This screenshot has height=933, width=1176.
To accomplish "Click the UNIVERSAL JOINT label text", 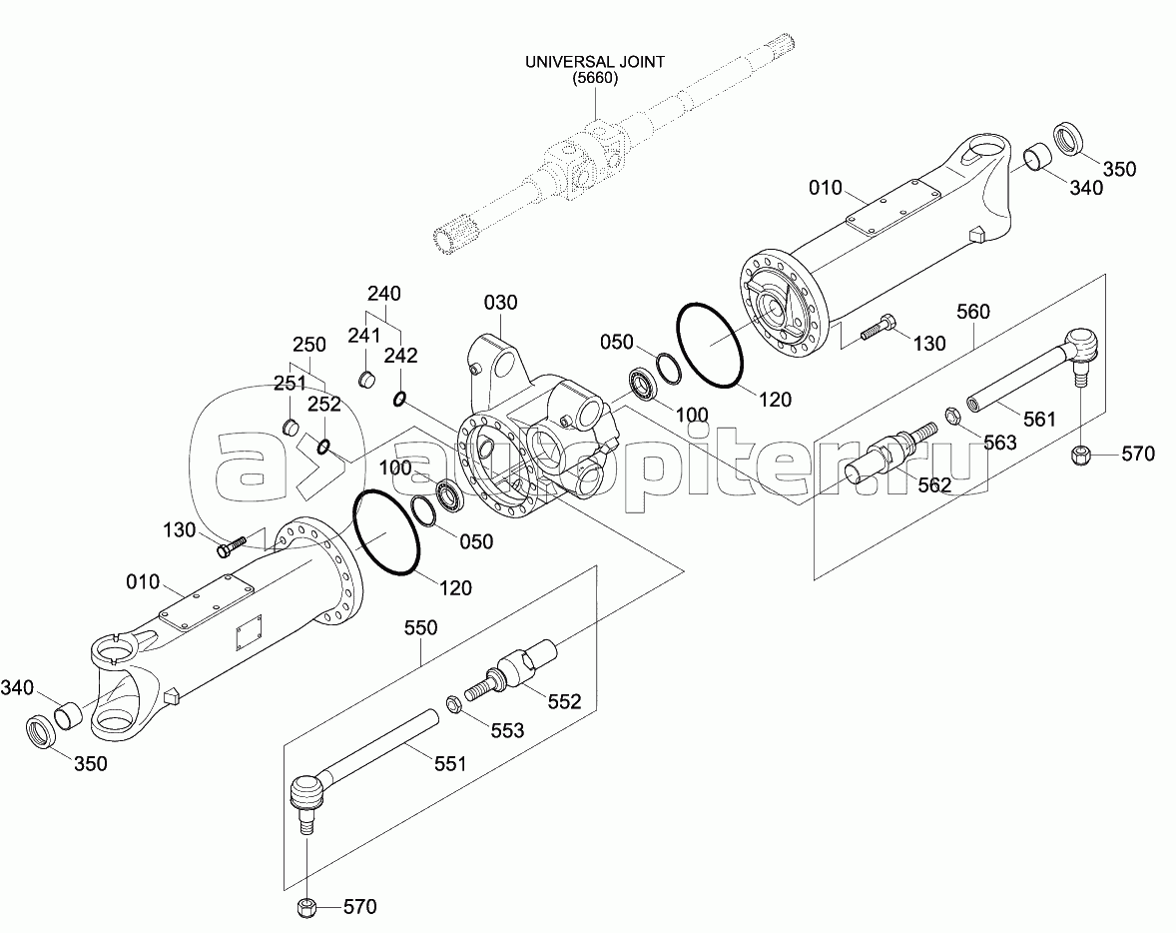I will coord(594,62).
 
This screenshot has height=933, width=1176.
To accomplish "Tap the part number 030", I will coord(501,302).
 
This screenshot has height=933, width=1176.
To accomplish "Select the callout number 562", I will coord(934,484).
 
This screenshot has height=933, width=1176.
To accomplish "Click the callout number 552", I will coord(563,701).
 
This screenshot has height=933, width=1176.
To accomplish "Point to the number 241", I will coord(364,335).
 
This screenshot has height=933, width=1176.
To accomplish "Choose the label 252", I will coord(324,405).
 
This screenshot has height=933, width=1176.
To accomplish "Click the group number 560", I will coord(972,312).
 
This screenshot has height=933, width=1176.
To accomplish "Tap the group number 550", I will coord(421,629).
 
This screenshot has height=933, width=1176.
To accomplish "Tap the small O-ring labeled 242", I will coord(399,400).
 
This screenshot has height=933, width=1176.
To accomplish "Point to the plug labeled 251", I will coord(292,428).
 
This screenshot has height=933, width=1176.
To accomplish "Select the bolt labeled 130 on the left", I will coord(231,547).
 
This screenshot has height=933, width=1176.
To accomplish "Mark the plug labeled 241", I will coord(366,379).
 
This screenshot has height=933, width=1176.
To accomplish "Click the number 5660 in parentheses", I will coord(594,79).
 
